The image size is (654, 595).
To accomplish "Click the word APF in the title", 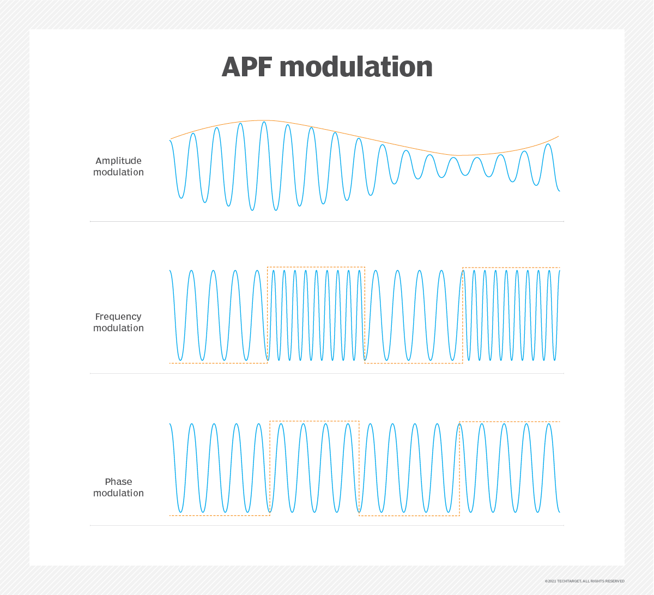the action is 247,67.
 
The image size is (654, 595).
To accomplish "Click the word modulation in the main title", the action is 356,66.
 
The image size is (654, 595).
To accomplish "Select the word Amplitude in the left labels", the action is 118,161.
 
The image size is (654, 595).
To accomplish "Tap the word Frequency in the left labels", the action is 118,317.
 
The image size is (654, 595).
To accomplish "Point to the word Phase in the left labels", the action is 118,482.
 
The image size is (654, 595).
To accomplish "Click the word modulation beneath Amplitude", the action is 118,172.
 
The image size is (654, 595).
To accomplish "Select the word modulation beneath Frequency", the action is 118,328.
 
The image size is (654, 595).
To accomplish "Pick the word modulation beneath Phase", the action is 118,493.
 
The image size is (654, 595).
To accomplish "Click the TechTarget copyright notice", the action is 585,581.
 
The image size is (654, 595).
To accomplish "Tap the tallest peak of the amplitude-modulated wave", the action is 264,122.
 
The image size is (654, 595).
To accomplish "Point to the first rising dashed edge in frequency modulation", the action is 268,315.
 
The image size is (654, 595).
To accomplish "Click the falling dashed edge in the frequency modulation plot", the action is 365,315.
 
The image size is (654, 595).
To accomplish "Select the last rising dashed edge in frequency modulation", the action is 462,315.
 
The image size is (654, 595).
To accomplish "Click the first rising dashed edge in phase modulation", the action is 270,468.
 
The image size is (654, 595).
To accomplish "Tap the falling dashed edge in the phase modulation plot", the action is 359,468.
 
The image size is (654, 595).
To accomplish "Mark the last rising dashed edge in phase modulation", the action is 459,469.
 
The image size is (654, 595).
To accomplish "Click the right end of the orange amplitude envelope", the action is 559,136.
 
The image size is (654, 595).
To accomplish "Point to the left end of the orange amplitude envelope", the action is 171,139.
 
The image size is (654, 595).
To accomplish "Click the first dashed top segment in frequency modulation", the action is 316,267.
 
